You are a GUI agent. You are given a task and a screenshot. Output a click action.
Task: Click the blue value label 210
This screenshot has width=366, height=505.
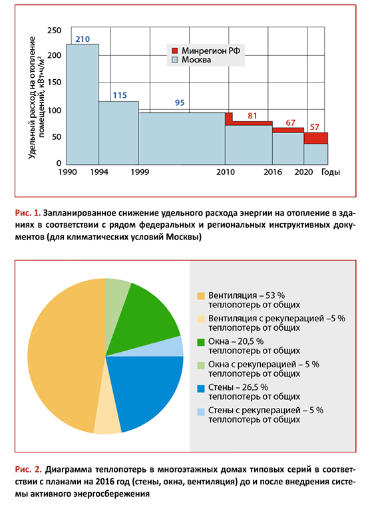click(83, 39)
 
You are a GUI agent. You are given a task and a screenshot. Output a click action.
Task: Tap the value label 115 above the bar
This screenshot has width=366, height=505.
click(120, 95)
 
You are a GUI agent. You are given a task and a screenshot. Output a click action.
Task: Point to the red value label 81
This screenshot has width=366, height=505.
click(252, 116)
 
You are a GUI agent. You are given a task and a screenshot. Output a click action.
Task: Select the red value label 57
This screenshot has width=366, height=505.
click(315, 127)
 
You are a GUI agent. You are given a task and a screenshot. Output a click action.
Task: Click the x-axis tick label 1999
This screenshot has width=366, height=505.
click(140, 172)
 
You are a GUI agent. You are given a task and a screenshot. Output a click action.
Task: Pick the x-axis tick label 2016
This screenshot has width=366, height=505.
click(273, 172)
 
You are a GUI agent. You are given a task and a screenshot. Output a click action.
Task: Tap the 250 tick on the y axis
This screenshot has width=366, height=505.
click(54, 31)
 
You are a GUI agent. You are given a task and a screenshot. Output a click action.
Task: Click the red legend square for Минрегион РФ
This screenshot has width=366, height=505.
click(175, 51)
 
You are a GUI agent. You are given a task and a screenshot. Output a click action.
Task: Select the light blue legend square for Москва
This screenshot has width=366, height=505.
click(175, 60)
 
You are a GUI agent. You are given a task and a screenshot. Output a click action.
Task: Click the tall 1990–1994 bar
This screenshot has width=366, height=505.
click(83, 104)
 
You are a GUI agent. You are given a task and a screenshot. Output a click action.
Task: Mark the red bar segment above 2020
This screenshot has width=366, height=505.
click(316, 138)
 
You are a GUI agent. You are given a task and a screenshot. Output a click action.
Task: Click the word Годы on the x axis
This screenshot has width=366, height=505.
click(331, 172)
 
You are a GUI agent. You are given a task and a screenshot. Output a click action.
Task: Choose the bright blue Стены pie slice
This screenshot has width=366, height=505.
click(146, 390)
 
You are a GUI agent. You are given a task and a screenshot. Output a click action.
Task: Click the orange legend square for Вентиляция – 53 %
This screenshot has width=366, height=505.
click(201, 296)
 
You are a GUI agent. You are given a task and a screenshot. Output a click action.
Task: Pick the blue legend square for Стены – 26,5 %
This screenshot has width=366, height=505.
click(201, 388)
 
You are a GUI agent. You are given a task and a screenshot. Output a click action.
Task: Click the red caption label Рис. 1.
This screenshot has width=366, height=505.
click(28, 213)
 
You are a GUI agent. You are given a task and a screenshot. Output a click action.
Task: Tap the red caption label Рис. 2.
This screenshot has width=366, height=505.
click(29, 469)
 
